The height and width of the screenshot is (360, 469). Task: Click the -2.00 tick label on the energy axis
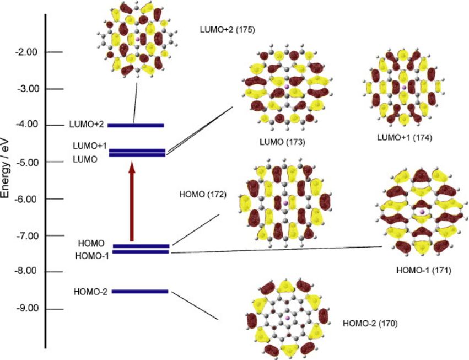[26, 52]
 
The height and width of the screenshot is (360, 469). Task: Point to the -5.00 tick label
[26, 163]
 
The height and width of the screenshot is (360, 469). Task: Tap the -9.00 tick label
[26, 309]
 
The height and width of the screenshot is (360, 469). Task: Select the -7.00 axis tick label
[26, 236]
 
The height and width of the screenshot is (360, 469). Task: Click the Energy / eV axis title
[5, 168]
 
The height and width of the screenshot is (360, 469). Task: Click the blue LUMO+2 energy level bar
[136, 125]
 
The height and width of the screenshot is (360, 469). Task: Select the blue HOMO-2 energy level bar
[140, 292]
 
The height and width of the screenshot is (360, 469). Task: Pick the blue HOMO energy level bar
[141, 246]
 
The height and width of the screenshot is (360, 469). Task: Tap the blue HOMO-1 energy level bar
[141, 252]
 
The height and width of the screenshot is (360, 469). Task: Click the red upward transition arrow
[132, 201]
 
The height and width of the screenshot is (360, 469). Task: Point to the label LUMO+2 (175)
[227, 30]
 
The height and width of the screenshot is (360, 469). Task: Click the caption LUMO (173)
[282, 142]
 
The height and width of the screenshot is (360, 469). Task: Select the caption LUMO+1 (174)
[405, 138]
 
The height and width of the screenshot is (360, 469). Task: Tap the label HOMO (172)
[203, 195]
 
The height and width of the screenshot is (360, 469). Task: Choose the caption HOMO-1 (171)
[424, 271]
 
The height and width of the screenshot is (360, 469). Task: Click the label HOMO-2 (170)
[370, 324]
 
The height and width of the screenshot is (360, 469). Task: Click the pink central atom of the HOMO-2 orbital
[288, 318]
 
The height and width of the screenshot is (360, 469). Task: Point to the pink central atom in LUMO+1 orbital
[404, 88]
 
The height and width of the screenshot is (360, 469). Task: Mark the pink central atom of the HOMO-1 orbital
[422, 212]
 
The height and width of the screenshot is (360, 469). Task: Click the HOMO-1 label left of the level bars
[92, 256]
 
